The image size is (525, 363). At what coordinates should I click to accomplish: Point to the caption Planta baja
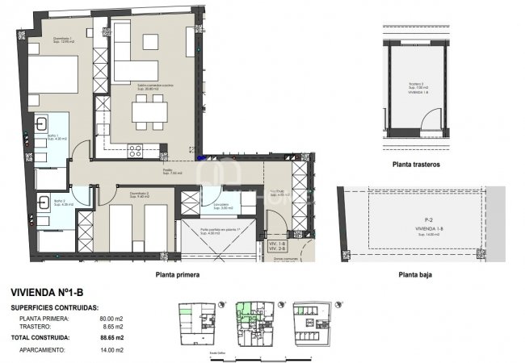418,274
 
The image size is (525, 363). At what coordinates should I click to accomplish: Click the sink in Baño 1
40,126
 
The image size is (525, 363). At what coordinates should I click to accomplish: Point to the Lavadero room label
221,205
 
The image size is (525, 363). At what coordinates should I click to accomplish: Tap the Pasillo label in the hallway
167,172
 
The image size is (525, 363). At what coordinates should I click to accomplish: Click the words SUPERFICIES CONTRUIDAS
55,307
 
